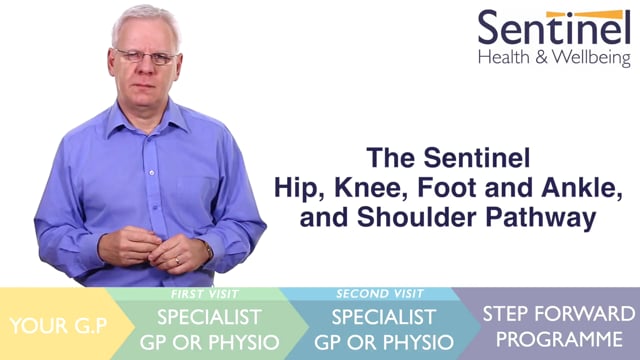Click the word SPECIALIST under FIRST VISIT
pyautogui.click(x=206, y=316)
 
